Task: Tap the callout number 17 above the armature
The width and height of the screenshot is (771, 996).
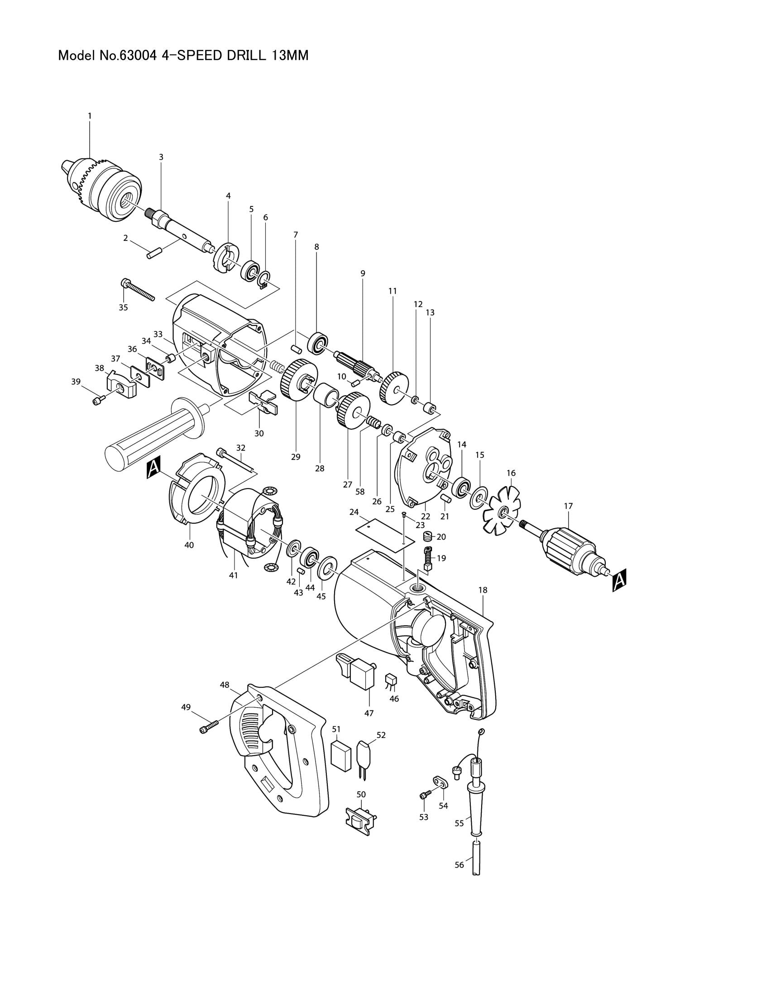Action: (x=568, y=506)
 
